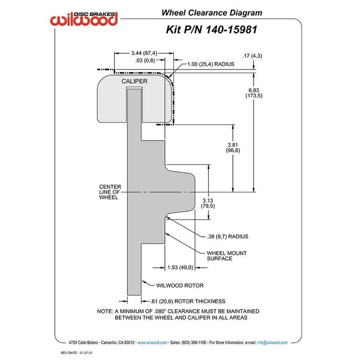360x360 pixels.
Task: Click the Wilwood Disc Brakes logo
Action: [84, 19]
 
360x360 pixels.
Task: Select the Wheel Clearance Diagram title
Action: [211, 13]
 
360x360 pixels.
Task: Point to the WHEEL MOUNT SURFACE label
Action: [227, 255]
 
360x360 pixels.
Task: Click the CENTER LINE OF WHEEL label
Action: [110, 192]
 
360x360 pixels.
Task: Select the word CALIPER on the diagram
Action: [135, 80]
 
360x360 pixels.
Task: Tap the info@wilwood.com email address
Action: [273, 342]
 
